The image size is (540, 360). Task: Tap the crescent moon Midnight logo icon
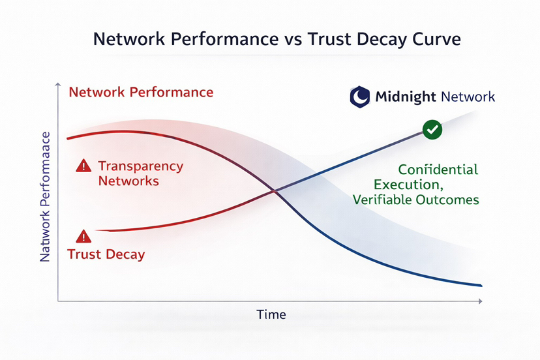coord(359,98)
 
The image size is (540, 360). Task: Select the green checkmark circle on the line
coord(432,129)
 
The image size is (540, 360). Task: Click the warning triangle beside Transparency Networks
coord(83,166)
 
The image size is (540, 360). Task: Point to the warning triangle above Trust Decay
coord(83,236)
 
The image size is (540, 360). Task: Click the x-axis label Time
coord(271,314)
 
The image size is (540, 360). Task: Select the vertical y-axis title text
coord(45,196)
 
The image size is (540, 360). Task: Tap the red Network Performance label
coord(141,92)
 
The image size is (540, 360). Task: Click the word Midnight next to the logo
coord(406,98)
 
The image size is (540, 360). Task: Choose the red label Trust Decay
coord(106,254)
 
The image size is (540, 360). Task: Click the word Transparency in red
coord(140,166)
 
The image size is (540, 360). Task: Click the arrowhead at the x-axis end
coord(480,301)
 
